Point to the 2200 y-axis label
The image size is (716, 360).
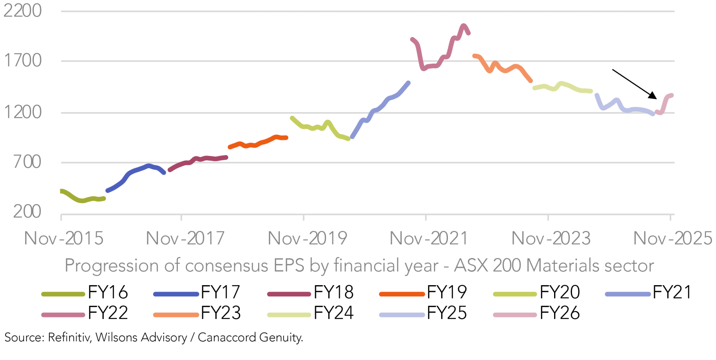(x=23, y=11)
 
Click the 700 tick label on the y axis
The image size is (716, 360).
(x=27, y=162)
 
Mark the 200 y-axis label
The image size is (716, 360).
(x=27, y=212)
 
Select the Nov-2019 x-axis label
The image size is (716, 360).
(x=307, y=239)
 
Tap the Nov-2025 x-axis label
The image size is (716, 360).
(x=672, y=239)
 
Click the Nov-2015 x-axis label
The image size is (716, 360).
(x=64, y=239)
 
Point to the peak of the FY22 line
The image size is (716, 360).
(x=463, y=26)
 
